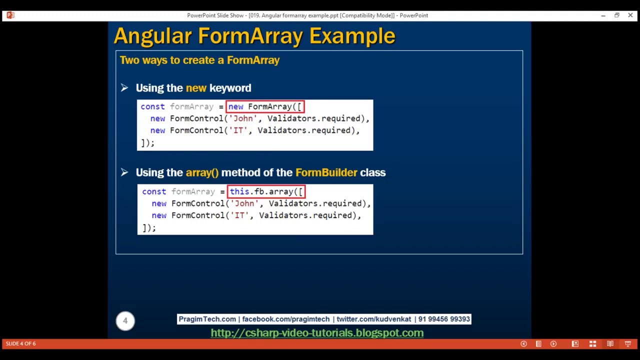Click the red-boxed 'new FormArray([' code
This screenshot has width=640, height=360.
[x=265, y=106]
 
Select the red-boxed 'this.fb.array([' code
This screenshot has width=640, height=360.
[x=266, y=191]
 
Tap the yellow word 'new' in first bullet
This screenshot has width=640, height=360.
[x=196, y=88]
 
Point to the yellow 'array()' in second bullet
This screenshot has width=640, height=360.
[x=202, y=172]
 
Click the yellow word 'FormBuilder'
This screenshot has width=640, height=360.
[x=326, y=172]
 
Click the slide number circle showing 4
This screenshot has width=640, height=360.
[x=125, y=320]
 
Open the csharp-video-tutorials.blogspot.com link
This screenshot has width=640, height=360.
[x=317, y=333]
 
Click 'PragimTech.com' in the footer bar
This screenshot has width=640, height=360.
[x=207, y=319]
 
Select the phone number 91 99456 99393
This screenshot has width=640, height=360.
[x=444, y=319]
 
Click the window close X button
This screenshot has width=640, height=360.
[x=630, y=15]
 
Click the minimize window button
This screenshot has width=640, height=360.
[x=603, y=15]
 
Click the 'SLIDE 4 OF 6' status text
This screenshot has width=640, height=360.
[x=21, y=343]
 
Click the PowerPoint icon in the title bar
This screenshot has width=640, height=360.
[x=10, y=15]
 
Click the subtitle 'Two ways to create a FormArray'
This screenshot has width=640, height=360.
[x=199, y=60]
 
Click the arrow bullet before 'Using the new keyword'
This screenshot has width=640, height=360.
[x=124, y=88]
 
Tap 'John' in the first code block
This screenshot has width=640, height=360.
[x=243, y=118]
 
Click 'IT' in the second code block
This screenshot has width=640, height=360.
[x=240, y=215]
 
